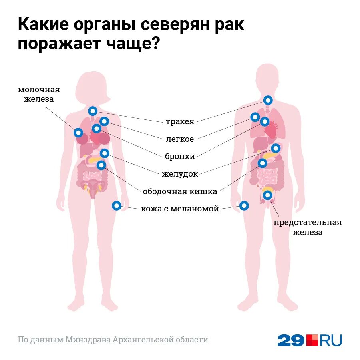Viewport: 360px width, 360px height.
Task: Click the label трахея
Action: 180,122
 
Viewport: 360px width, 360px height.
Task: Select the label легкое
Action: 180,139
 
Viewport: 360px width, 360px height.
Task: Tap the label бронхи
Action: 180,156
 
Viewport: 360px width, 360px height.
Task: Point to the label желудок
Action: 180,174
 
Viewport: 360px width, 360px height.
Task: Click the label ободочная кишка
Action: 180,191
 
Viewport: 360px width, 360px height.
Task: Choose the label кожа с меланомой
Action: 180,209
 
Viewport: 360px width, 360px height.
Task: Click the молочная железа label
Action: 39,94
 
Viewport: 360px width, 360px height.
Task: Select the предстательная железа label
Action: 308,227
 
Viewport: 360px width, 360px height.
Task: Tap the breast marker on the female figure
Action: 78,132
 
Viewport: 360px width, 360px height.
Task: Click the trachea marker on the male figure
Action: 268,100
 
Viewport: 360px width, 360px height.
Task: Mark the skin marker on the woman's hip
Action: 116,205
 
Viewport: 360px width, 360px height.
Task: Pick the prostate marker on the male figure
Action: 267,195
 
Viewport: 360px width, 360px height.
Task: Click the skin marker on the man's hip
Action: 244,205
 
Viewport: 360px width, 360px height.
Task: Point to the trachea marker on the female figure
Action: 93,111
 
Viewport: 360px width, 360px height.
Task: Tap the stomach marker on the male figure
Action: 276,148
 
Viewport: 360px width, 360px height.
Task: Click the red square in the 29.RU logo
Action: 312,340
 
